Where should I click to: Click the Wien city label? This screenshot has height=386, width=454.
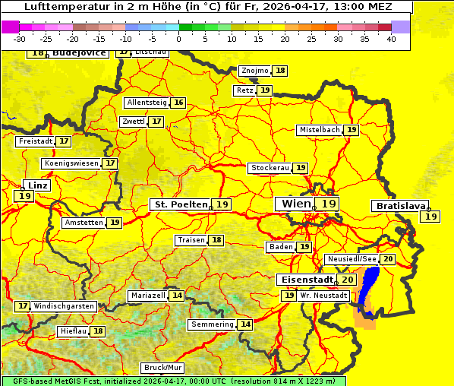click(292, 204)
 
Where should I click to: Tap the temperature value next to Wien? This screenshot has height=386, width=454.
click(328, 204)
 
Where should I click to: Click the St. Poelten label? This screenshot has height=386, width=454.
click(180, 204)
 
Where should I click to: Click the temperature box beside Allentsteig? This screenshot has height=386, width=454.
click(178, 103)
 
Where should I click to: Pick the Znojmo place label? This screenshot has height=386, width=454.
click(254, 71)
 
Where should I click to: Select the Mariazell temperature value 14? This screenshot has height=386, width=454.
click(177, 296)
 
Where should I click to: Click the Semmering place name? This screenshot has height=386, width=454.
click(213, 324)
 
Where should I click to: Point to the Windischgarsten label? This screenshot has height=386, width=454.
click(65, 306)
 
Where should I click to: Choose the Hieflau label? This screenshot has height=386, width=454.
click(74, 331)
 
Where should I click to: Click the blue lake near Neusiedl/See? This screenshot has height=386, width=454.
click(369, 296)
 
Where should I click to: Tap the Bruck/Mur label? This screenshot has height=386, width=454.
click(163, 368)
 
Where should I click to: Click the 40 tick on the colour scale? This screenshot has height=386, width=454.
click(390, 39)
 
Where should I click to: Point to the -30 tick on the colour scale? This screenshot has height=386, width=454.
click(20, 39)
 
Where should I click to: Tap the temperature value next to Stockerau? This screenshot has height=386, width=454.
click(301, 168)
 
